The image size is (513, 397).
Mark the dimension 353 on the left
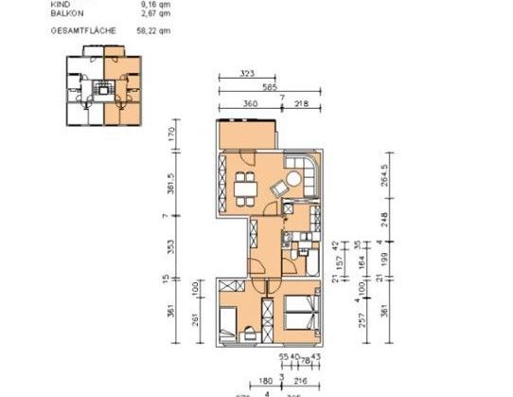coord(169,248)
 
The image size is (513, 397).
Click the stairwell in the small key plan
coord(102,90)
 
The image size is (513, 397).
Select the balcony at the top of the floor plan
coord(246,135)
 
